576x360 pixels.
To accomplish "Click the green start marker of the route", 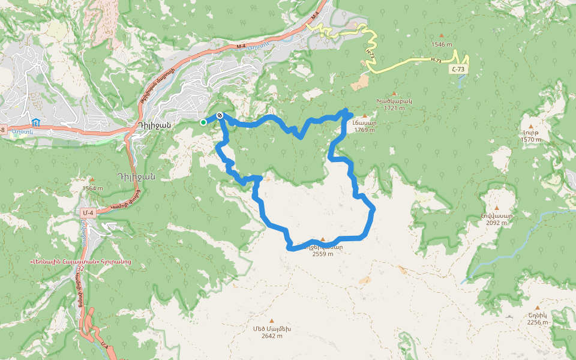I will click(203, 122).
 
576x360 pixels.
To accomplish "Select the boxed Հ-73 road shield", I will click(458, 70).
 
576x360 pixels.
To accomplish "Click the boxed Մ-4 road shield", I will click(89, 212).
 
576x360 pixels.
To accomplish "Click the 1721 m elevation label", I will click(394, 108).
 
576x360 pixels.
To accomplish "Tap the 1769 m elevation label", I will click(365, 130).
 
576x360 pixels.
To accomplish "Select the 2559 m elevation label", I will click(323, 253).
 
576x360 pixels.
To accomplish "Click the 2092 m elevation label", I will click(496, 223).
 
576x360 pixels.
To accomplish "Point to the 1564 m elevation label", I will click(92, 188).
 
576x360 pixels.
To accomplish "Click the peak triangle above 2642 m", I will click(271, 321).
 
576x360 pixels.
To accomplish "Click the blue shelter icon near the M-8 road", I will click(36, 122).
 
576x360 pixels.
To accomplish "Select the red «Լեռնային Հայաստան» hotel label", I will click(80, 262).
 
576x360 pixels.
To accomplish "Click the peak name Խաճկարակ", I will click(394, 101).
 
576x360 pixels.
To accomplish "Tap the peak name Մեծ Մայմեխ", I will click(272, 329).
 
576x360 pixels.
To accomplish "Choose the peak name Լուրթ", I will click(531, 133).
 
